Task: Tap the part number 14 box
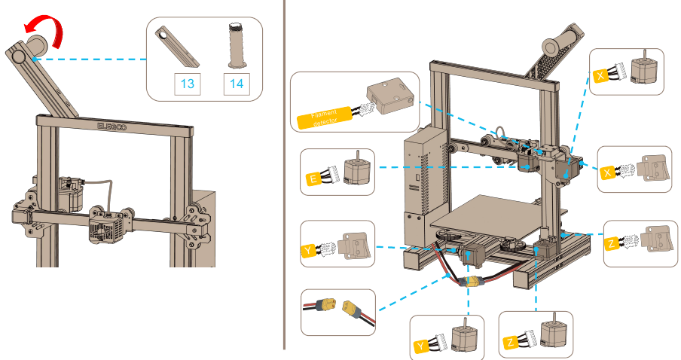tap(237, 84)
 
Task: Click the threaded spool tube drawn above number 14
tap(235, 46)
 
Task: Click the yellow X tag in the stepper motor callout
tap(600, 76)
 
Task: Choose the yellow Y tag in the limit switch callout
tap(308, 250)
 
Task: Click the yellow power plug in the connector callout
tap(353, 308)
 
